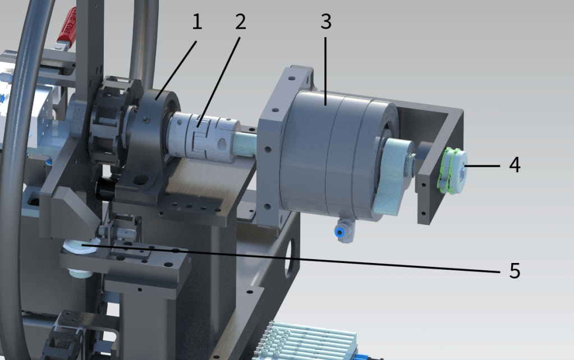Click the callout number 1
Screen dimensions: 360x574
click(196, 22)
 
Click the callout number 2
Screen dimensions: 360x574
click(240, 22)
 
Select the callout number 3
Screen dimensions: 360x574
click(326, 22)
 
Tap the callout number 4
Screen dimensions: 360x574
click(514, 165)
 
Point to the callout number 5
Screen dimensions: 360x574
click(514, 271)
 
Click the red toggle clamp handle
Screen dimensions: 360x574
click(68, 26)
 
